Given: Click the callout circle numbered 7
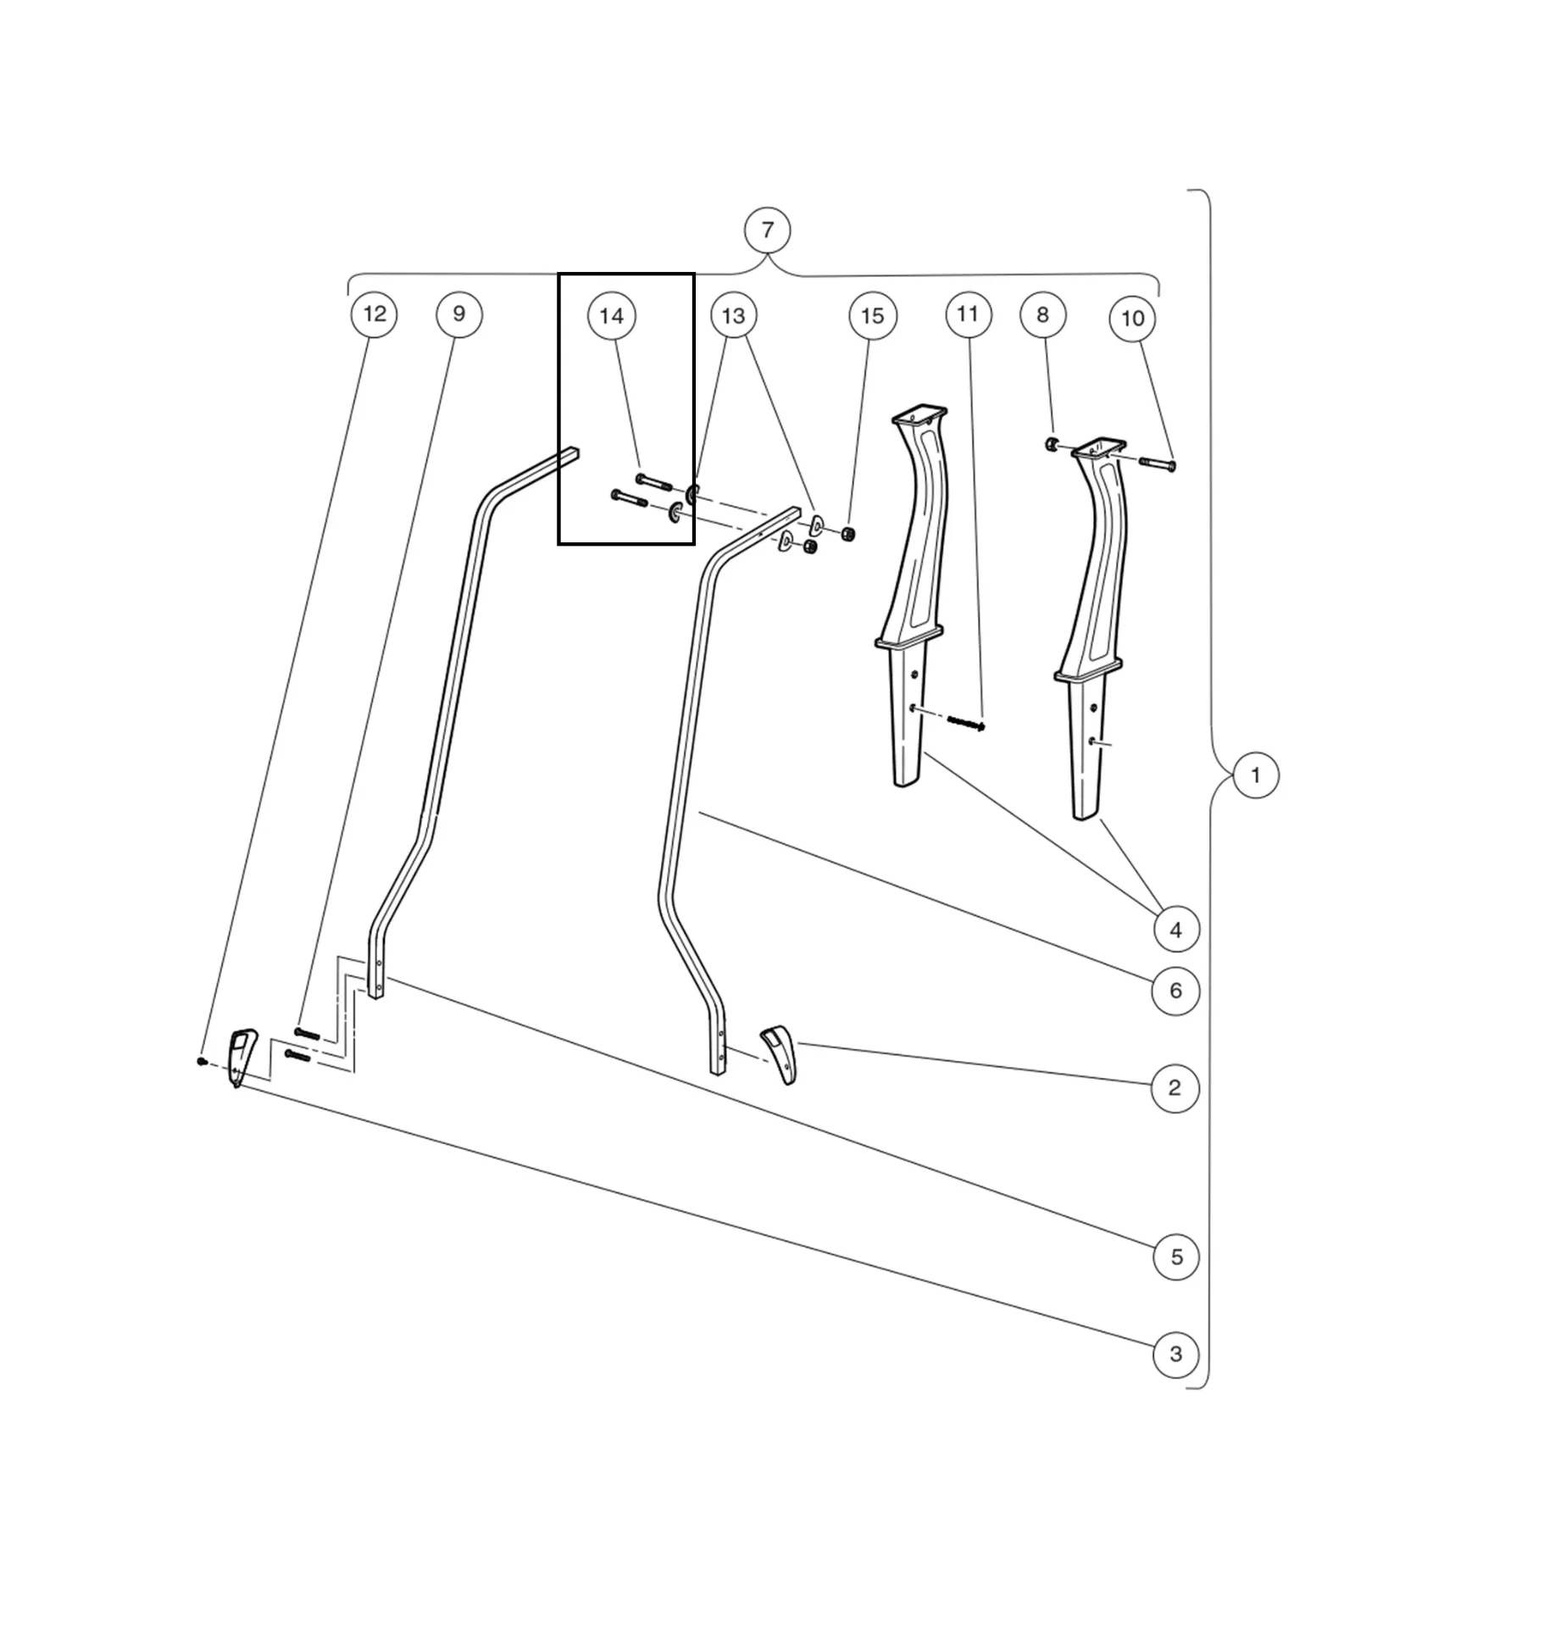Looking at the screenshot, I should tap(767, 230).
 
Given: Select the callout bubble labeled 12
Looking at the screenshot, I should tap(374, 314).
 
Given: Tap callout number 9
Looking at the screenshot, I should tap(458, 314).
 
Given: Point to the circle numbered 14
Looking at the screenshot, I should tap(611, 316).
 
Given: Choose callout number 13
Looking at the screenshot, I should tap(733, 316).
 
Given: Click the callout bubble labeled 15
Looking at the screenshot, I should tap(872, 316).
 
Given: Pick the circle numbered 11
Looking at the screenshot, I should tap(968, 314).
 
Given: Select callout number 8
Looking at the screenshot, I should tap(1042, 314).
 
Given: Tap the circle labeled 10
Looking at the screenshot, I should tap(1132, 319).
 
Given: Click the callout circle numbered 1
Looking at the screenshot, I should tap(1255, 775).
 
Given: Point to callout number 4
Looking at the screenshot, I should tap(1176, 930).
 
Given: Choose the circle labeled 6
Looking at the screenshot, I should tap(1175, 990).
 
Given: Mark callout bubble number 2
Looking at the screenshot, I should tap(1175, 1088).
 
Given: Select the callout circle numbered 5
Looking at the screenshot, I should tap(1176, 1257).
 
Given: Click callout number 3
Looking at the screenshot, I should tap(1176, 1354).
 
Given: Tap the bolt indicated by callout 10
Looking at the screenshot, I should tap(1158, 464).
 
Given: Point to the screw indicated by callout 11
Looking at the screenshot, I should tap(965, 723).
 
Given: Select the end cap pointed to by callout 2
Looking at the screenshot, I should tap(780, 1054).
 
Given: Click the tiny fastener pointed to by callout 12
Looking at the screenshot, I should tap(202, 1060).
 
